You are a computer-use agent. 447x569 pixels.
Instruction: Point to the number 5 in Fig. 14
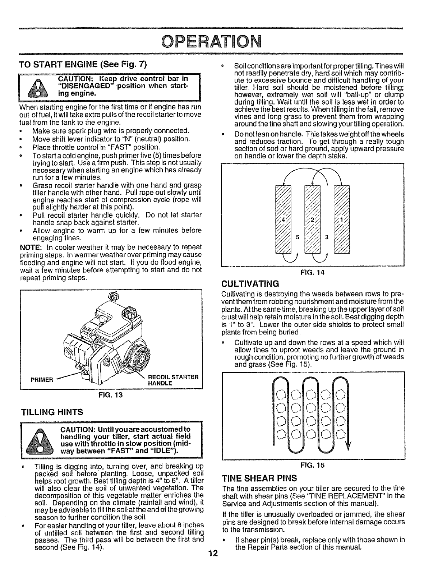[297, 237]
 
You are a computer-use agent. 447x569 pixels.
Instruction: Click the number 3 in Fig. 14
[327, 237]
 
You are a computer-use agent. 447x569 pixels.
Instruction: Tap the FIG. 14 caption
[312, 273]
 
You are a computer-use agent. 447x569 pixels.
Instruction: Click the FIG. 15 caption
[312, 465]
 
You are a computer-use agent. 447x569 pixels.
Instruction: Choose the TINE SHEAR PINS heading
[260, 478]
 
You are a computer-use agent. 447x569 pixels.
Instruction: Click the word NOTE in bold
[29, 247]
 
